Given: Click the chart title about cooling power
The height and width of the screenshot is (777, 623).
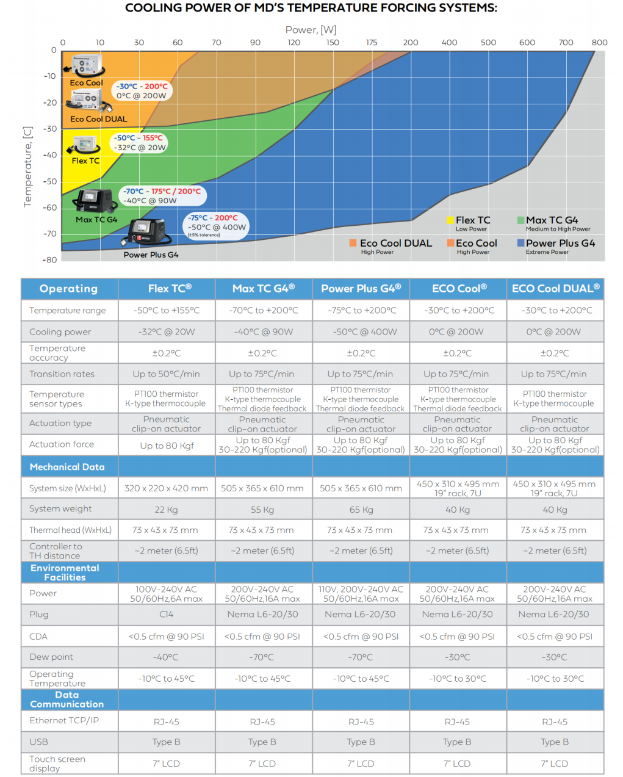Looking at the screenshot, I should (311, 8).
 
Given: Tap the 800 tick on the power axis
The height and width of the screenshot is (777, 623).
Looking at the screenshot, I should (599, 43).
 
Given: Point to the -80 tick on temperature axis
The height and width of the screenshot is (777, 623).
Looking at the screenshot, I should (49, 260).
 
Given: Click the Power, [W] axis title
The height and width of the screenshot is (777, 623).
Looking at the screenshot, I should (311, 30).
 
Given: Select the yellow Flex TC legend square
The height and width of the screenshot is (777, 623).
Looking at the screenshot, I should (450, 220).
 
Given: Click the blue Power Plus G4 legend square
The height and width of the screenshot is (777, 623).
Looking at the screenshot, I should (520, 243).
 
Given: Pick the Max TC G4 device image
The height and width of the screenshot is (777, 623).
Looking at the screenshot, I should (95, 201).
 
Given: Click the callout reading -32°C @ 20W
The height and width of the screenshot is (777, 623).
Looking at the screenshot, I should (140, 148).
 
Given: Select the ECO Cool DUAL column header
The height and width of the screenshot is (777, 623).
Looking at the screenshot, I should (555, 288).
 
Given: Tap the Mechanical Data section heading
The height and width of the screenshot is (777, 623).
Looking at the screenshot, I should (67, 467).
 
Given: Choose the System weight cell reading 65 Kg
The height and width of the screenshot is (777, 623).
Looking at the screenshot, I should (361, 510).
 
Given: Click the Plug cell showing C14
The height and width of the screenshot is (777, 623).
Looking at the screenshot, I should (166, 615).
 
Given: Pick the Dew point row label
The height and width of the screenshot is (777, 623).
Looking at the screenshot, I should (51, 657).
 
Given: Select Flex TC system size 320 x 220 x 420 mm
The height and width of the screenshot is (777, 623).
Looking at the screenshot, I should (166, 488).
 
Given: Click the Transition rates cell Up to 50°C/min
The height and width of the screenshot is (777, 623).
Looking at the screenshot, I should (166, 374).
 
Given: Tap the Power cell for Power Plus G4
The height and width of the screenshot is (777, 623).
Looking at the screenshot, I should (361, 594).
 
